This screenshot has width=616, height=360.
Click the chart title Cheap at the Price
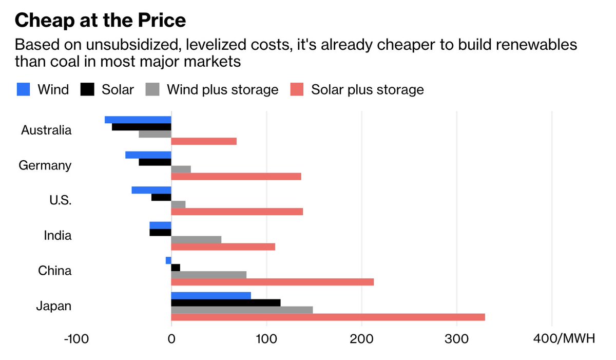pyautogui.click(x=100, y=21)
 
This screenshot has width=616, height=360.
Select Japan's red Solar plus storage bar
pyautogui.click(x=328, y=317)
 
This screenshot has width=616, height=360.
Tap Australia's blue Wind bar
pyautogui.click(x=138, y=120)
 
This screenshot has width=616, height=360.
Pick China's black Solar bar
pyautogui.click(x=176, y=268)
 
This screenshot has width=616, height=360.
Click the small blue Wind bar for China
pyautogui.click(x=168, y=260)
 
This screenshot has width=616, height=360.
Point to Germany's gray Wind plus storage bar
pyautogui.click(x=181, y=169)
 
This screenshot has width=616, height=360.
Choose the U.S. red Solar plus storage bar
pyautogui.click(x=237, y=212)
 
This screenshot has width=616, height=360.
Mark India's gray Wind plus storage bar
pyautogui.click(x=196, y=239)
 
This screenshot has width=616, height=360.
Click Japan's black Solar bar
pyautogui.click(x=226, y=302)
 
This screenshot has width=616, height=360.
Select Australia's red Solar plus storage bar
pyautogui.click(x=204, y=141)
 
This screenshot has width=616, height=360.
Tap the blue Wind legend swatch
pyautogui.click(x=24, y=89)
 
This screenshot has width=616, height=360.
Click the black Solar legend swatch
pyautogui.click(x=88, y=89)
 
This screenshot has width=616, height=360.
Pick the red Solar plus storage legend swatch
pyautogui.click(x=297, y=89)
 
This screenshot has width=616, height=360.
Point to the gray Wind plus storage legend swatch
pyautogui.click(x=152, y=89)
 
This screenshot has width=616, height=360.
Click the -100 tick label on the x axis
pyautogui.click(x=75, y=339)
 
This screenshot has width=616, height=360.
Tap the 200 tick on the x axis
pyautogui.click(x=361, y=339)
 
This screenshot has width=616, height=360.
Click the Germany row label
pyautogui.click(x=45, y=165)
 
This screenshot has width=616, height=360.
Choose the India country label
pyautogui.click(x=57, y=236)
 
